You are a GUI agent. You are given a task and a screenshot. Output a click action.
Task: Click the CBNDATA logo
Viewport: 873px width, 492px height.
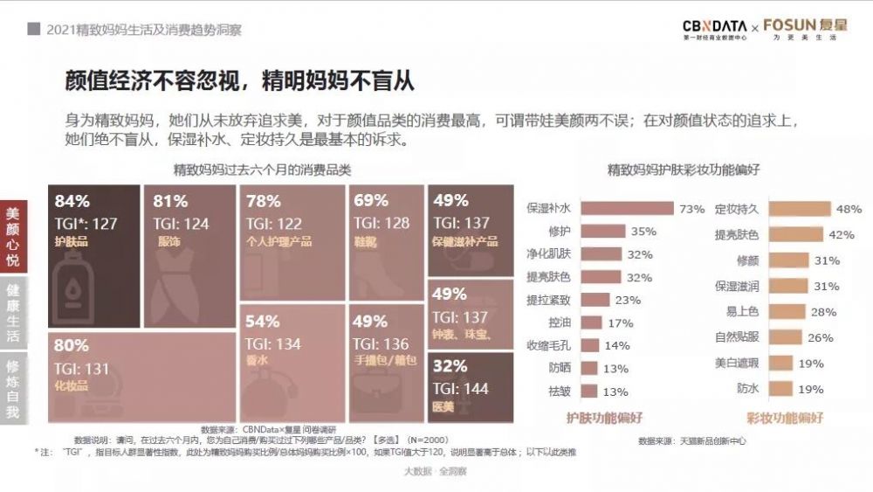[x=715, y=29]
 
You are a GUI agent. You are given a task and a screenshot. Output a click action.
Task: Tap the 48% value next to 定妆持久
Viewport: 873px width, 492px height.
[x=849, y=209]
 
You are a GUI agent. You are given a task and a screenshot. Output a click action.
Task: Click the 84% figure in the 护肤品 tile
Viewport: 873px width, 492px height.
[x=72, y=201]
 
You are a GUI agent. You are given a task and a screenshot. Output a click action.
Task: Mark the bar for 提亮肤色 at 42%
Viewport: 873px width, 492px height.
[x=791, y=235]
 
